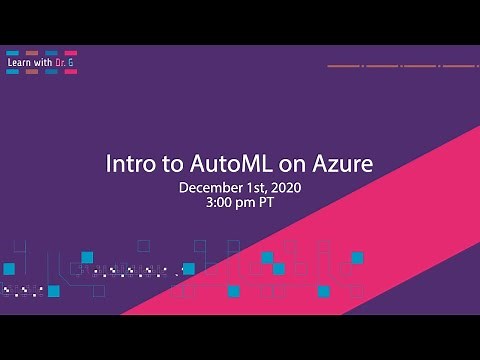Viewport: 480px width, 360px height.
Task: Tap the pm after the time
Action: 250,201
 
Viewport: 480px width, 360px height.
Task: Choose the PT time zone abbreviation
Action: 269,201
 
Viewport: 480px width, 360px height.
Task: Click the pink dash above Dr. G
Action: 69,53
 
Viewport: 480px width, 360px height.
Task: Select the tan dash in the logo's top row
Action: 32,53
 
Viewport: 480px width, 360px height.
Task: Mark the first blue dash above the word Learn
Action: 13,53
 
